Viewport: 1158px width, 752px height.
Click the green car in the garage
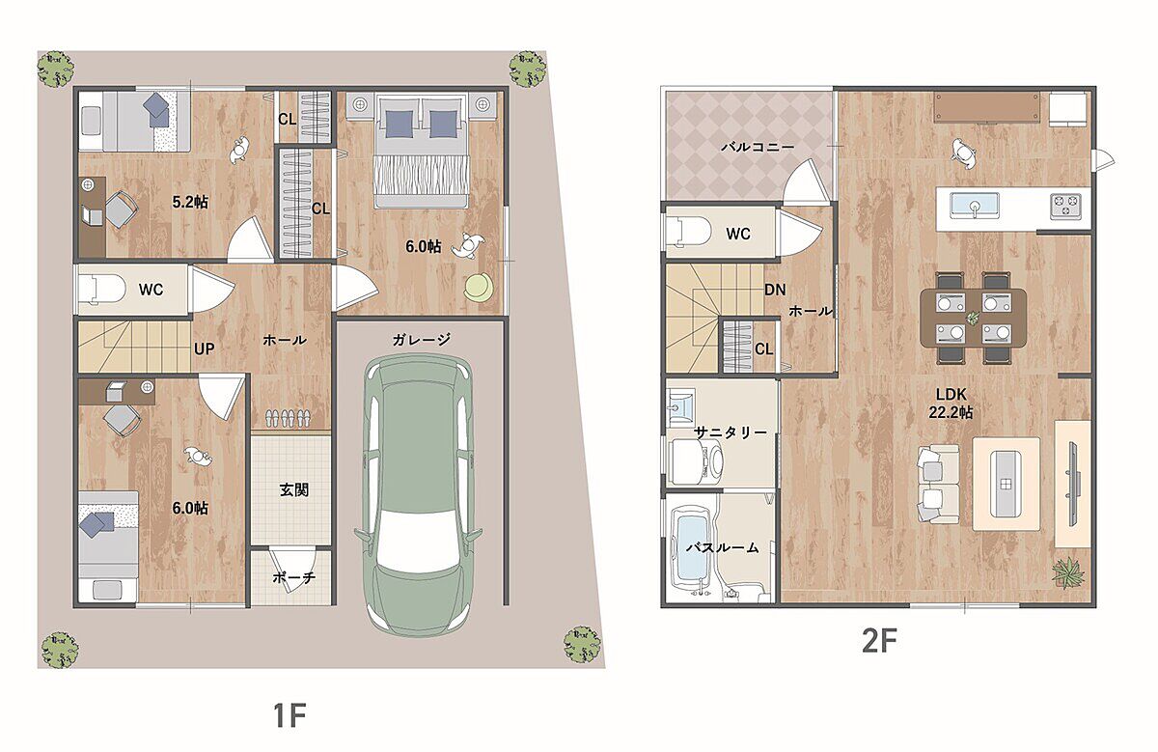[418, 495]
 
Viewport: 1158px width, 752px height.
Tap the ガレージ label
[422, 339]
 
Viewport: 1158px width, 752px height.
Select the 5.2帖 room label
[190, 202]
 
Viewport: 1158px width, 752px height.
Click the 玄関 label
[294, 489]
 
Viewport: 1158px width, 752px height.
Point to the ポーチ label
[293, 577]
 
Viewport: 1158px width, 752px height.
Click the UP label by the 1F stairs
[205, 349]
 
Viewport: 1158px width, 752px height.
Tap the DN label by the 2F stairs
[775, 290]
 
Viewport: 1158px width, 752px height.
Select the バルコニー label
[758, 147]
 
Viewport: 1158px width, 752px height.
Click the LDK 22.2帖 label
[951, 404]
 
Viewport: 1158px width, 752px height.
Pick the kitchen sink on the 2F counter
[975, 206]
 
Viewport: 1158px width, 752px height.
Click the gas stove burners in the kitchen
[1066, 206]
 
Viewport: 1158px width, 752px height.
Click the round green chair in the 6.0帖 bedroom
[479, 287]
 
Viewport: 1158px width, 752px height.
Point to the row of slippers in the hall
[288, 418]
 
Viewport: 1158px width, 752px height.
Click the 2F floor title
[879, 640]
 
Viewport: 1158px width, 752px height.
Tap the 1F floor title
[289, 715]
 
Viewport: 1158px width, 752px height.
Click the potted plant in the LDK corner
[1066, 572]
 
